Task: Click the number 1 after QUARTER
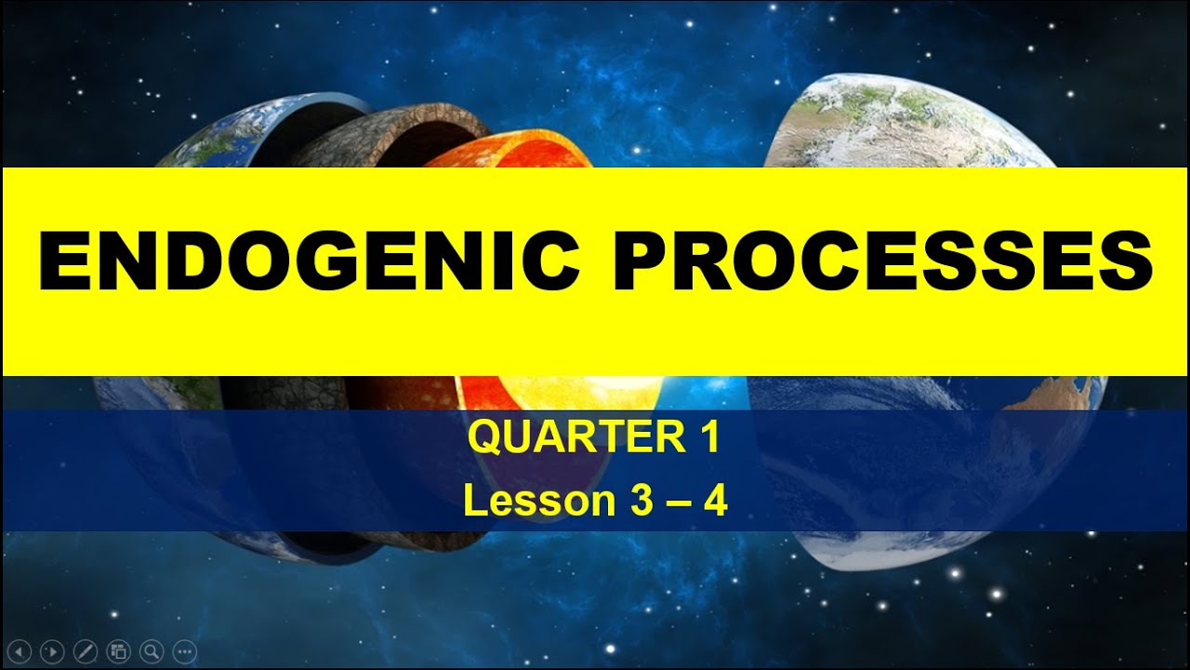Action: (710, 438)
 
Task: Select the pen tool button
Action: (86, 650)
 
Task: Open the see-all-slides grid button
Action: (118, 650)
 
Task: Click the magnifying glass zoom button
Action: (151, 650)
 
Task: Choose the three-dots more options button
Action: (184, 650)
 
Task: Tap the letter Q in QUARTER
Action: (484, 438)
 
